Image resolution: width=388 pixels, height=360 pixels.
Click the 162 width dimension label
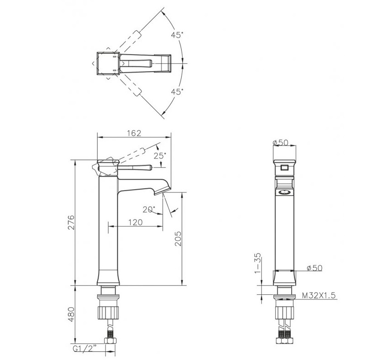pos(134,133)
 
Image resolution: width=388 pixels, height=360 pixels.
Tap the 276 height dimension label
pos(71,222)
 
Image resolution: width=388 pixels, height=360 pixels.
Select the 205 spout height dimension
pos(178,238)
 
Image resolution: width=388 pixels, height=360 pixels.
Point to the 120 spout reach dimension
pos(136,222)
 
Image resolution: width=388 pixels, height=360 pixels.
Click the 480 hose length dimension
pos(71,314)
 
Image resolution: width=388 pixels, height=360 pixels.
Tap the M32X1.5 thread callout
pos(319,295)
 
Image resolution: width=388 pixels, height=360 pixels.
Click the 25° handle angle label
pos(160,156)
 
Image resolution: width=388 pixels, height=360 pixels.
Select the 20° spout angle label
pos(149,209)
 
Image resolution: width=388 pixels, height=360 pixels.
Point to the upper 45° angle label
pos(177,35)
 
